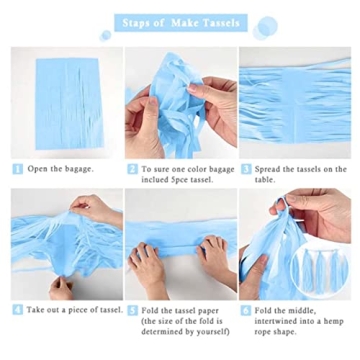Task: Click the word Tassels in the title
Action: click(x=222, y=23)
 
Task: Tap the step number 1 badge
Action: click(x=17, y=169)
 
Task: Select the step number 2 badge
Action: click(x=132, y=169)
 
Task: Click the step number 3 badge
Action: click(x=246, y=169)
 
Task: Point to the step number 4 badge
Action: click(x=17, y=310)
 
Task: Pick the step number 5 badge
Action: click(x=132, y=311)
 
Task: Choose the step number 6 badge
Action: click(x=246, y=311)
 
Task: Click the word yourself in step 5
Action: click(x=213, y=332)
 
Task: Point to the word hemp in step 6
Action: click(x=334, y=322)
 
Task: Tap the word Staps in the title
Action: click(x=134, y=23)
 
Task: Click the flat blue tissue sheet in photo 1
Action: click(x=69, y=104)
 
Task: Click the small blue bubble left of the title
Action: click(x=106, y=35)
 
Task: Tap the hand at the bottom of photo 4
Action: click(x=61, y=288)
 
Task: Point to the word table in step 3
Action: click(x=265, y=180)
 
